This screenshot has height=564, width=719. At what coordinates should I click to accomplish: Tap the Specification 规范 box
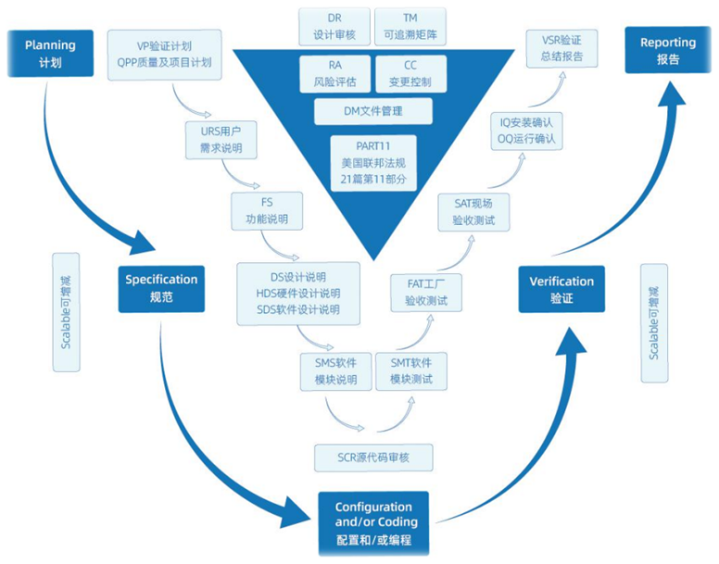[161, 288]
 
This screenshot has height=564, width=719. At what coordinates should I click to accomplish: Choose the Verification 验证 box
[561, 289]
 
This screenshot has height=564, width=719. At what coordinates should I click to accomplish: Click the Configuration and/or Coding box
[373, 523]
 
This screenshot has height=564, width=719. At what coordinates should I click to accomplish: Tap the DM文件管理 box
[373, 112]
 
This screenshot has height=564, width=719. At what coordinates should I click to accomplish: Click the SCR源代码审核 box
[372, 457]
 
